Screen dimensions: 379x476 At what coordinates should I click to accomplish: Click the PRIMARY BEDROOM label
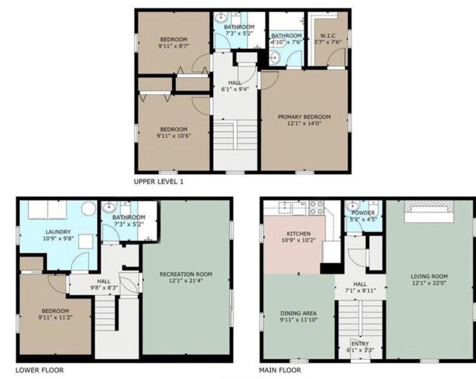tap(304, 117)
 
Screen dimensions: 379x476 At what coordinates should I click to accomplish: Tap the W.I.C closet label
tap(326, 35)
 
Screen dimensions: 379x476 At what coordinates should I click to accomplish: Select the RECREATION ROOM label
tap(186, 274)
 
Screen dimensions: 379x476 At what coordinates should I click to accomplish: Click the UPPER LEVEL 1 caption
tap(158, 182)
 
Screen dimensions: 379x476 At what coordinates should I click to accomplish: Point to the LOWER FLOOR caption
tap(39, 371)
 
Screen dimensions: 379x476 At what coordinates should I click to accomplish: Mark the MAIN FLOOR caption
tap(280, 371)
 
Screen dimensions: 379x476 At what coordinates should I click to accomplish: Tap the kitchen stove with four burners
tap(316, 208)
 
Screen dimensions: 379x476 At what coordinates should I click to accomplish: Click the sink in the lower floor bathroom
tap(109, 208)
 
